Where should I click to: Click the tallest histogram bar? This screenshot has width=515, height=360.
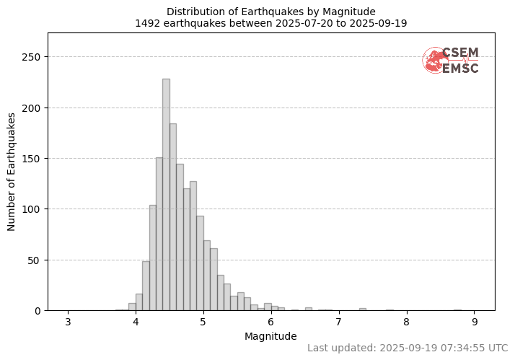coord(166,195)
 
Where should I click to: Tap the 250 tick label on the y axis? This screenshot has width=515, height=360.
coord(34,57)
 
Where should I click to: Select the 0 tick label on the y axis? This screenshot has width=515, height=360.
coord(40,311)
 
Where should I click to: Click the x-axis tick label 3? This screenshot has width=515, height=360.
coord(69,322)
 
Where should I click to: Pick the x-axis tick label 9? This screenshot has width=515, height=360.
coord(475,322)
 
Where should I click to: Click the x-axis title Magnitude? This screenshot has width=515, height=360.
coord(271,336)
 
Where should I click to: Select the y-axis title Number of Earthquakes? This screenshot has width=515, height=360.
coord(12,172)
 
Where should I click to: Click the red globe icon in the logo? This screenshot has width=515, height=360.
coord(434,61)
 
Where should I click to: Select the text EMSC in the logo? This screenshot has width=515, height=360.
coord(460,69)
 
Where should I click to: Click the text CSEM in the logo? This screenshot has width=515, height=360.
coord(460,53)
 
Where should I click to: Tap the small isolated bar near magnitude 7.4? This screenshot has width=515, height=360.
coord(363,309)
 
